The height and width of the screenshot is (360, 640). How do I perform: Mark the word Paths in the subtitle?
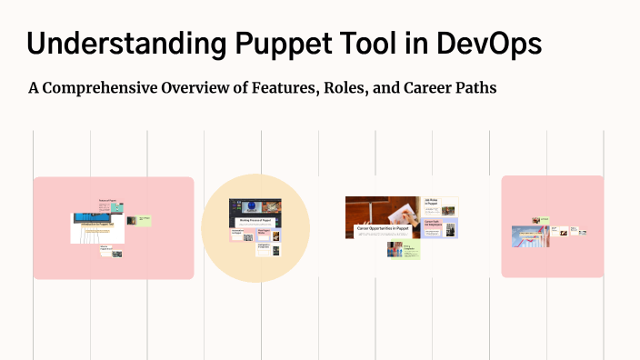477,89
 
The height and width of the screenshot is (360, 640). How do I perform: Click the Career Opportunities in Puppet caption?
382,228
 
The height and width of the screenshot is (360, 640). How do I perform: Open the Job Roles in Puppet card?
440,205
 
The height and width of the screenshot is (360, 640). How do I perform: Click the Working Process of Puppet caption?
255,221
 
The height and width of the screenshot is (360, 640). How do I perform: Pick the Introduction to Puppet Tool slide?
97,227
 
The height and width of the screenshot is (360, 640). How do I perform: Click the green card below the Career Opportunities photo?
404,249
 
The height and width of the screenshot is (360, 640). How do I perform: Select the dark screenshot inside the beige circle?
255,209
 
